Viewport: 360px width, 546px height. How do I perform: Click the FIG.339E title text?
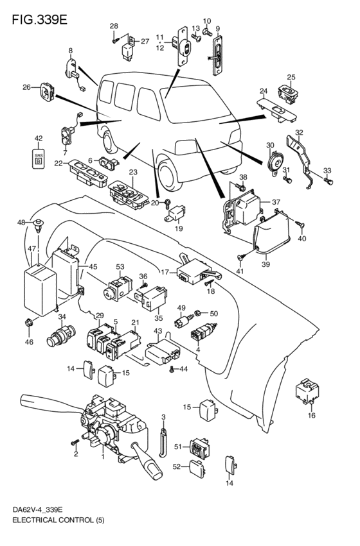pos(39,20)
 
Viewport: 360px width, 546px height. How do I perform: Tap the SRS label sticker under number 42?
pos(39,158)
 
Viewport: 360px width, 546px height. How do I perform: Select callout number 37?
pos(276,201)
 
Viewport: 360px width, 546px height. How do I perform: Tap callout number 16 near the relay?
pos(312,415)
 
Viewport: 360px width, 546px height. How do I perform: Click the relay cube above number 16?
pos(307,391)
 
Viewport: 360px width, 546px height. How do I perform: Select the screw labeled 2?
pos(75,442)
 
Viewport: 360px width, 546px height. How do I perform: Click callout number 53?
pos(120,267)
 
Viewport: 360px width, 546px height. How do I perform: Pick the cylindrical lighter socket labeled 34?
pos(60,335)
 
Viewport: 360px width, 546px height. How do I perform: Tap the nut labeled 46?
pos(30,323)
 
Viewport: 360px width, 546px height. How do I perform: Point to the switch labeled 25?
pos(289,94)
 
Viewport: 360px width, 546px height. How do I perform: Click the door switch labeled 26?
pos(46,91)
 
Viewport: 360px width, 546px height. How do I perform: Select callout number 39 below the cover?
pos(265,264)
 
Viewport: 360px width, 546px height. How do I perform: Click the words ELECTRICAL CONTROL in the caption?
pos(52,531)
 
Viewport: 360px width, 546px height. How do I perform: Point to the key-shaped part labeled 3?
pos(163,441)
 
